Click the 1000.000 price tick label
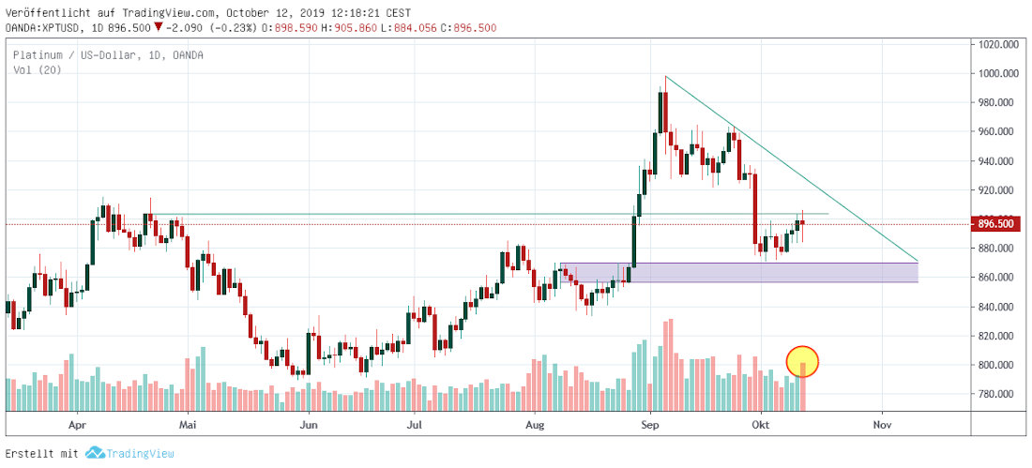998,73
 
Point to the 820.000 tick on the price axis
998,336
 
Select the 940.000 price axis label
998,161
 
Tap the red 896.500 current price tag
998,224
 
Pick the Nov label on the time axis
881,424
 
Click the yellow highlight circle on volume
802,360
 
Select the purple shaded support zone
738,272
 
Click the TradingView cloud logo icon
94,453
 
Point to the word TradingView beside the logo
140,453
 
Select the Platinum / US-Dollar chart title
108,55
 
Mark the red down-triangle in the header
158,28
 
